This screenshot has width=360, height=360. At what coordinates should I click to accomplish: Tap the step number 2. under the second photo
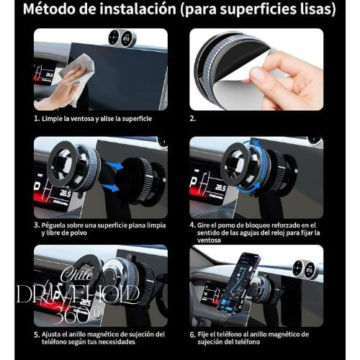tap(193, 118)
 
